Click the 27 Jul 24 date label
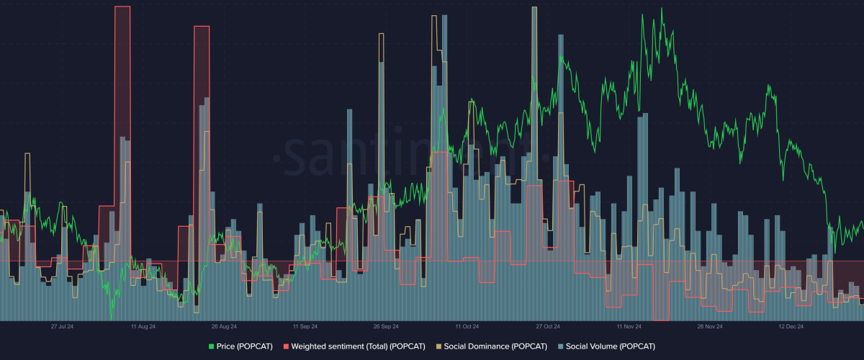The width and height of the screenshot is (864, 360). [62, 326]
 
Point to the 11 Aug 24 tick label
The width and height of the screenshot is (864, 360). [143, 326]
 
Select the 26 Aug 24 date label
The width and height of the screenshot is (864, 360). [223, 326]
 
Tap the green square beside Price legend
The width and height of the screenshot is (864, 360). [211, 346]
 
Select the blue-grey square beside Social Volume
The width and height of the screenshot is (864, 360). [561, 346]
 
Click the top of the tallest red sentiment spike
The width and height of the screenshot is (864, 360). [122, 7]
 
